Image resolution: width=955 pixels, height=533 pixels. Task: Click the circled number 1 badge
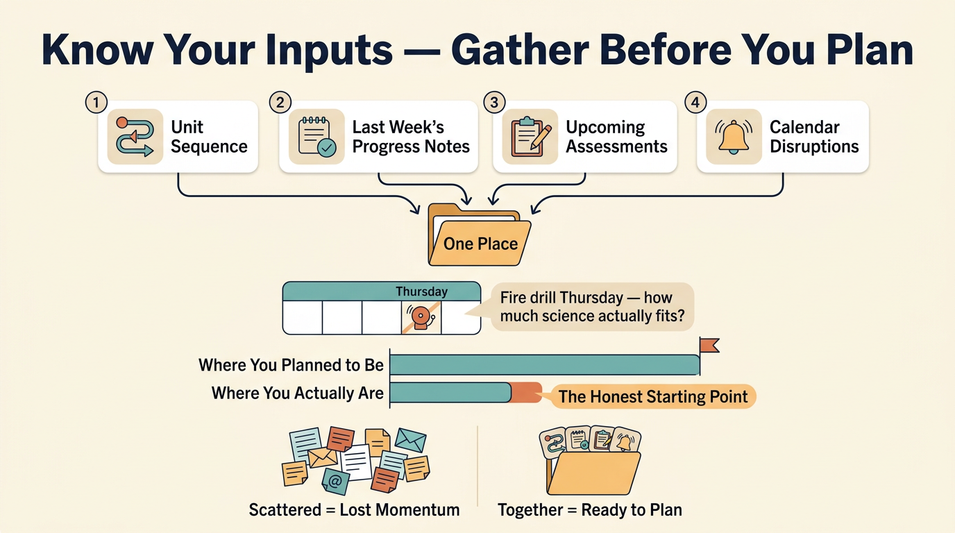[x=96, y=103]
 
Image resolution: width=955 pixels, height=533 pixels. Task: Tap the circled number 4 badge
[x=695, y=103]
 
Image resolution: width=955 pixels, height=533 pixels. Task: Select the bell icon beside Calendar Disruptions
[x=734, y=137]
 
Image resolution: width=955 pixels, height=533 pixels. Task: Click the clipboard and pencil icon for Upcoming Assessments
[x=530, y=137]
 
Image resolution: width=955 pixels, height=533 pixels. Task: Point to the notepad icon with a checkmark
[x=316, y=137]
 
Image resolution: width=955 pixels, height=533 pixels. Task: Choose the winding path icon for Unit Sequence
[x=135, y=137]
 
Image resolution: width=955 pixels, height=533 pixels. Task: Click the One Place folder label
[x=480, y=244]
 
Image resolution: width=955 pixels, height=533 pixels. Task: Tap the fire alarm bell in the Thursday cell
[x=421, y=317]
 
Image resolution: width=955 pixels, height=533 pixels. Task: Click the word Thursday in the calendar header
[x=421, y=291]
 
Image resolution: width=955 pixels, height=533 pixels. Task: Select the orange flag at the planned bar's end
[x=709, y=345]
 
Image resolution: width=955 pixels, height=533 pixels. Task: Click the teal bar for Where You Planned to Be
[x=544, y=365]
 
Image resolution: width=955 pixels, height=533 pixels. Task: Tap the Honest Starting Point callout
[x=652, y=396]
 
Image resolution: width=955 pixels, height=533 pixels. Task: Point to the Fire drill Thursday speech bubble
[x=592, y=307]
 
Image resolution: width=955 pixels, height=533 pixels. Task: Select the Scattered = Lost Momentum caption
[x=354, y=510]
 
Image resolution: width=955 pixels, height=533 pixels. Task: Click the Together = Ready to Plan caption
[x=590, y=510]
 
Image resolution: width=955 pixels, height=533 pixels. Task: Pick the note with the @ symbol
[x=335, y=482]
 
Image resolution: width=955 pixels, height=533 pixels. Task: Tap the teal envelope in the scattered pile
[x=410, y=439]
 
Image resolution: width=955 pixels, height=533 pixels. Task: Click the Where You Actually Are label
[x=298, y=393]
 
